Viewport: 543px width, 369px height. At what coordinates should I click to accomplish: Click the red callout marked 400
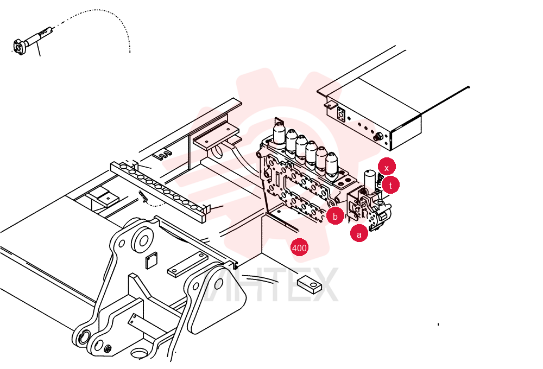pos(299,248)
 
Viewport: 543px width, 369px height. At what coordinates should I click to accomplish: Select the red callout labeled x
pos(387,168)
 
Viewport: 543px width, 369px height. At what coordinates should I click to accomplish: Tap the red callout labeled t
pos(390,185)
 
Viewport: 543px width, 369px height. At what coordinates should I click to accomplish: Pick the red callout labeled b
pos(335,217)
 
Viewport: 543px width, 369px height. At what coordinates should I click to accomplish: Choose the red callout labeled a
pos(359,234)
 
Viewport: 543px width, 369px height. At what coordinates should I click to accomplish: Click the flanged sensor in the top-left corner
pos(33,39)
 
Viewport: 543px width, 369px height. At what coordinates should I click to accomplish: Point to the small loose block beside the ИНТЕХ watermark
pos(309,284)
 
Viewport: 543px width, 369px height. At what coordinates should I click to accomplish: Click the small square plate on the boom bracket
pos(151,260)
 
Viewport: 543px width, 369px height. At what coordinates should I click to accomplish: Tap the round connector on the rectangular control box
pos(378,137)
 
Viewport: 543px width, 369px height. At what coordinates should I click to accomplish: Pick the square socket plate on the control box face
pos(341,114)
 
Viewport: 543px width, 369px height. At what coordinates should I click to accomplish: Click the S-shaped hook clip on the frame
pos(162,155)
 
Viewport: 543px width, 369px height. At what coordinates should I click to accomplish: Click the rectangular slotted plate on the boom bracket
pos(188,264)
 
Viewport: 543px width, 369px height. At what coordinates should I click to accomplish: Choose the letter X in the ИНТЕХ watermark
pos(321,284)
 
